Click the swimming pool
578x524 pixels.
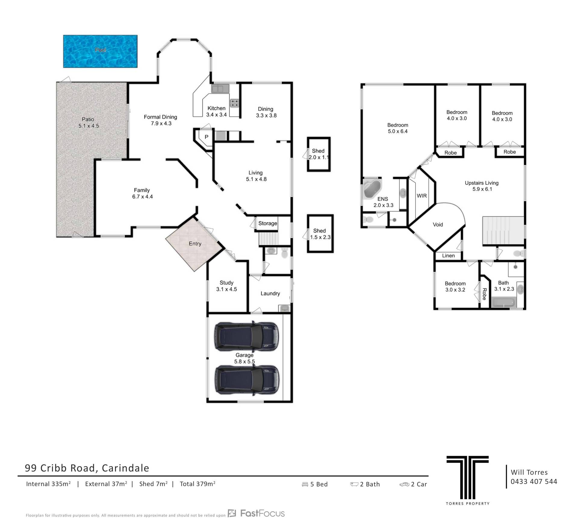pos(100,51)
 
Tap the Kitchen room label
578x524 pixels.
pos(216,108)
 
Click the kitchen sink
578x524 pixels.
pos(220,89)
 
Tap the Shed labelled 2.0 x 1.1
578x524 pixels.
pos(319,154)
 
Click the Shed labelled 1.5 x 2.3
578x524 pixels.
pos(320,234)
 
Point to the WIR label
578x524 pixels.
pos(422,196)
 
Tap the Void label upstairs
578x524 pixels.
pos(438,225)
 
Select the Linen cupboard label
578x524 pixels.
pos(448,256)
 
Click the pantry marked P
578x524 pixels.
pos(207,137)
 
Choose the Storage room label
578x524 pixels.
pos(268,223)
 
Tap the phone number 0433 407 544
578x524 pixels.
pos(534,482)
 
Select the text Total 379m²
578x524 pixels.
pos(197,484)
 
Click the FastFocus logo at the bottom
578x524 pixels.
pos(256,513)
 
